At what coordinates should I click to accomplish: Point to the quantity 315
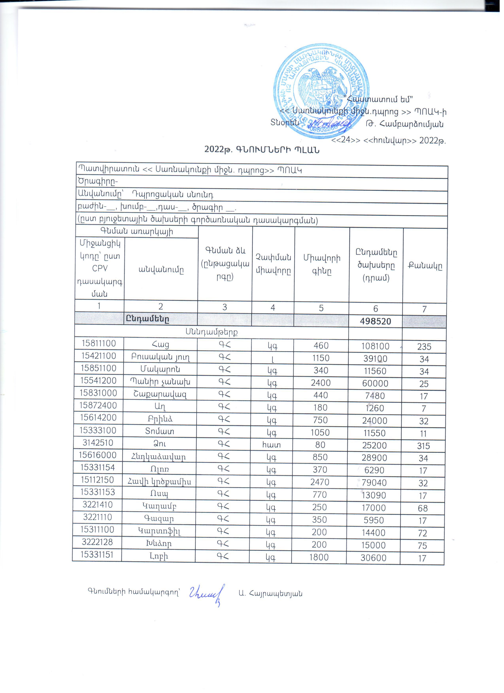point(423,446)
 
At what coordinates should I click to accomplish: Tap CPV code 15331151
point(97,555)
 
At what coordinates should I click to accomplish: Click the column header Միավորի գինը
point(322,265)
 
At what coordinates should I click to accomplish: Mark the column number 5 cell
point(321,308)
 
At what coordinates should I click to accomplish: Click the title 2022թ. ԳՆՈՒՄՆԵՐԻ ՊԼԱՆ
point(262,150)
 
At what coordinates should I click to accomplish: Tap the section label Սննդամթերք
point(211,332)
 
